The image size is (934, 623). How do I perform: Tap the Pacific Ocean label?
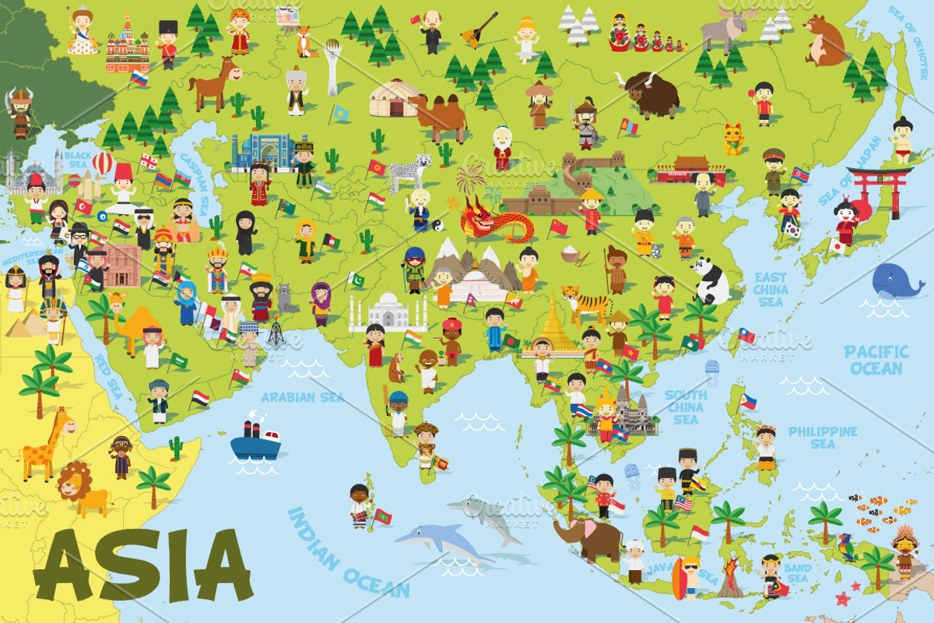point(876,360)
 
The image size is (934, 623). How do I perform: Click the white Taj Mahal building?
point(388,311)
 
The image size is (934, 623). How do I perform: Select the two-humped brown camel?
point(440,115)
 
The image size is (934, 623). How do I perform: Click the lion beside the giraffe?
point(82,487)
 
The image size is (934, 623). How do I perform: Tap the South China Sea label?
point(685,407)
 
